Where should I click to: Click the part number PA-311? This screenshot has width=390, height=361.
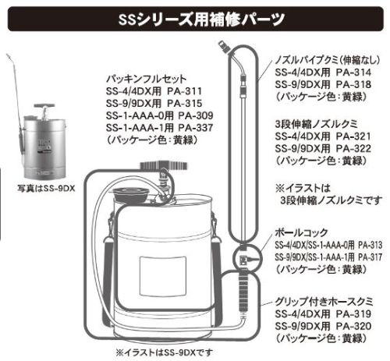(184, 91)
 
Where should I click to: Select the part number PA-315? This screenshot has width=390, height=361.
(184, 104)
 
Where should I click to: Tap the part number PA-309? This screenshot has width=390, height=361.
(196, 115)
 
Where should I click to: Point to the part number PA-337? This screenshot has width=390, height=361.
(196, 128)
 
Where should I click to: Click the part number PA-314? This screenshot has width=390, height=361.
(353, 73)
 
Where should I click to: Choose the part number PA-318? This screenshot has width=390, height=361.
(353, 84)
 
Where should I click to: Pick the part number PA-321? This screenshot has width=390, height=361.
(353, 136)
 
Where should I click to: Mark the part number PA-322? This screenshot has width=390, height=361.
(353, 148)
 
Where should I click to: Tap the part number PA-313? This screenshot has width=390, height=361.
(370, 245)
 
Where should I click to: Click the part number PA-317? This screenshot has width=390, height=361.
(370, 257)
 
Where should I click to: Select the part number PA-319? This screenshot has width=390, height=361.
(353, 314)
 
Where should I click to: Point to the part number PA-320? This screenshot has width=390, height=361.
(353, 326)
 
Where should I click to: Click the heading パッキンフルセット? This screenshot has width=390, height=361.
(147, 79)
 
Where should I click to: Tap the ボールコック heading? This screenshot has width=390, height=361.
(301, 232)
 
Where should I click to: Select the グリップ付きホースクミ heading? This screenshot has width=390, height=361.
(324, 302)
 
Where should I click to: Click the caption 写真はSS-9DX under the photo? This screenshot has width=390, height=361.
(46, 188)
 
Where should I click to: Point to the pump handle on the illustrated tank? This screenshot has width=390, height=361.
(164, 165)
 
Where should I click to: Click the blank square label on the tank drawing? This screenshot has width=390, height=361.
(163, 276)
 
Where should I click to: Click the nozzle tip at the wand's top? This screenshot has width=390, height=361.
(224, 46)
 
